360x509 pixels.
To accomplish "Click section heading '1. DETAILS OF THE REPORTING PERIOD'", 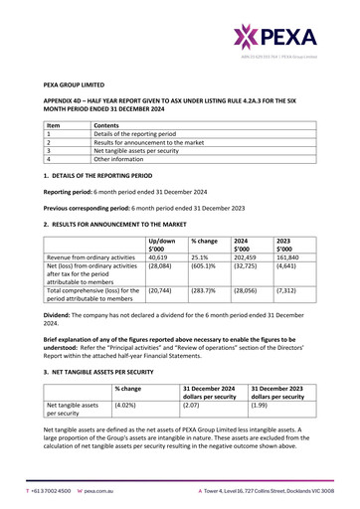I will pos(104,174).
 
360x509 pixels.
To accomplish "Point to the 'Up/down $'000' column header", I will pos(160,246).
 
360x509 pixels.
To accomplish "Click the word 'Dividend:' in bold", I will pos(60,314).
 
